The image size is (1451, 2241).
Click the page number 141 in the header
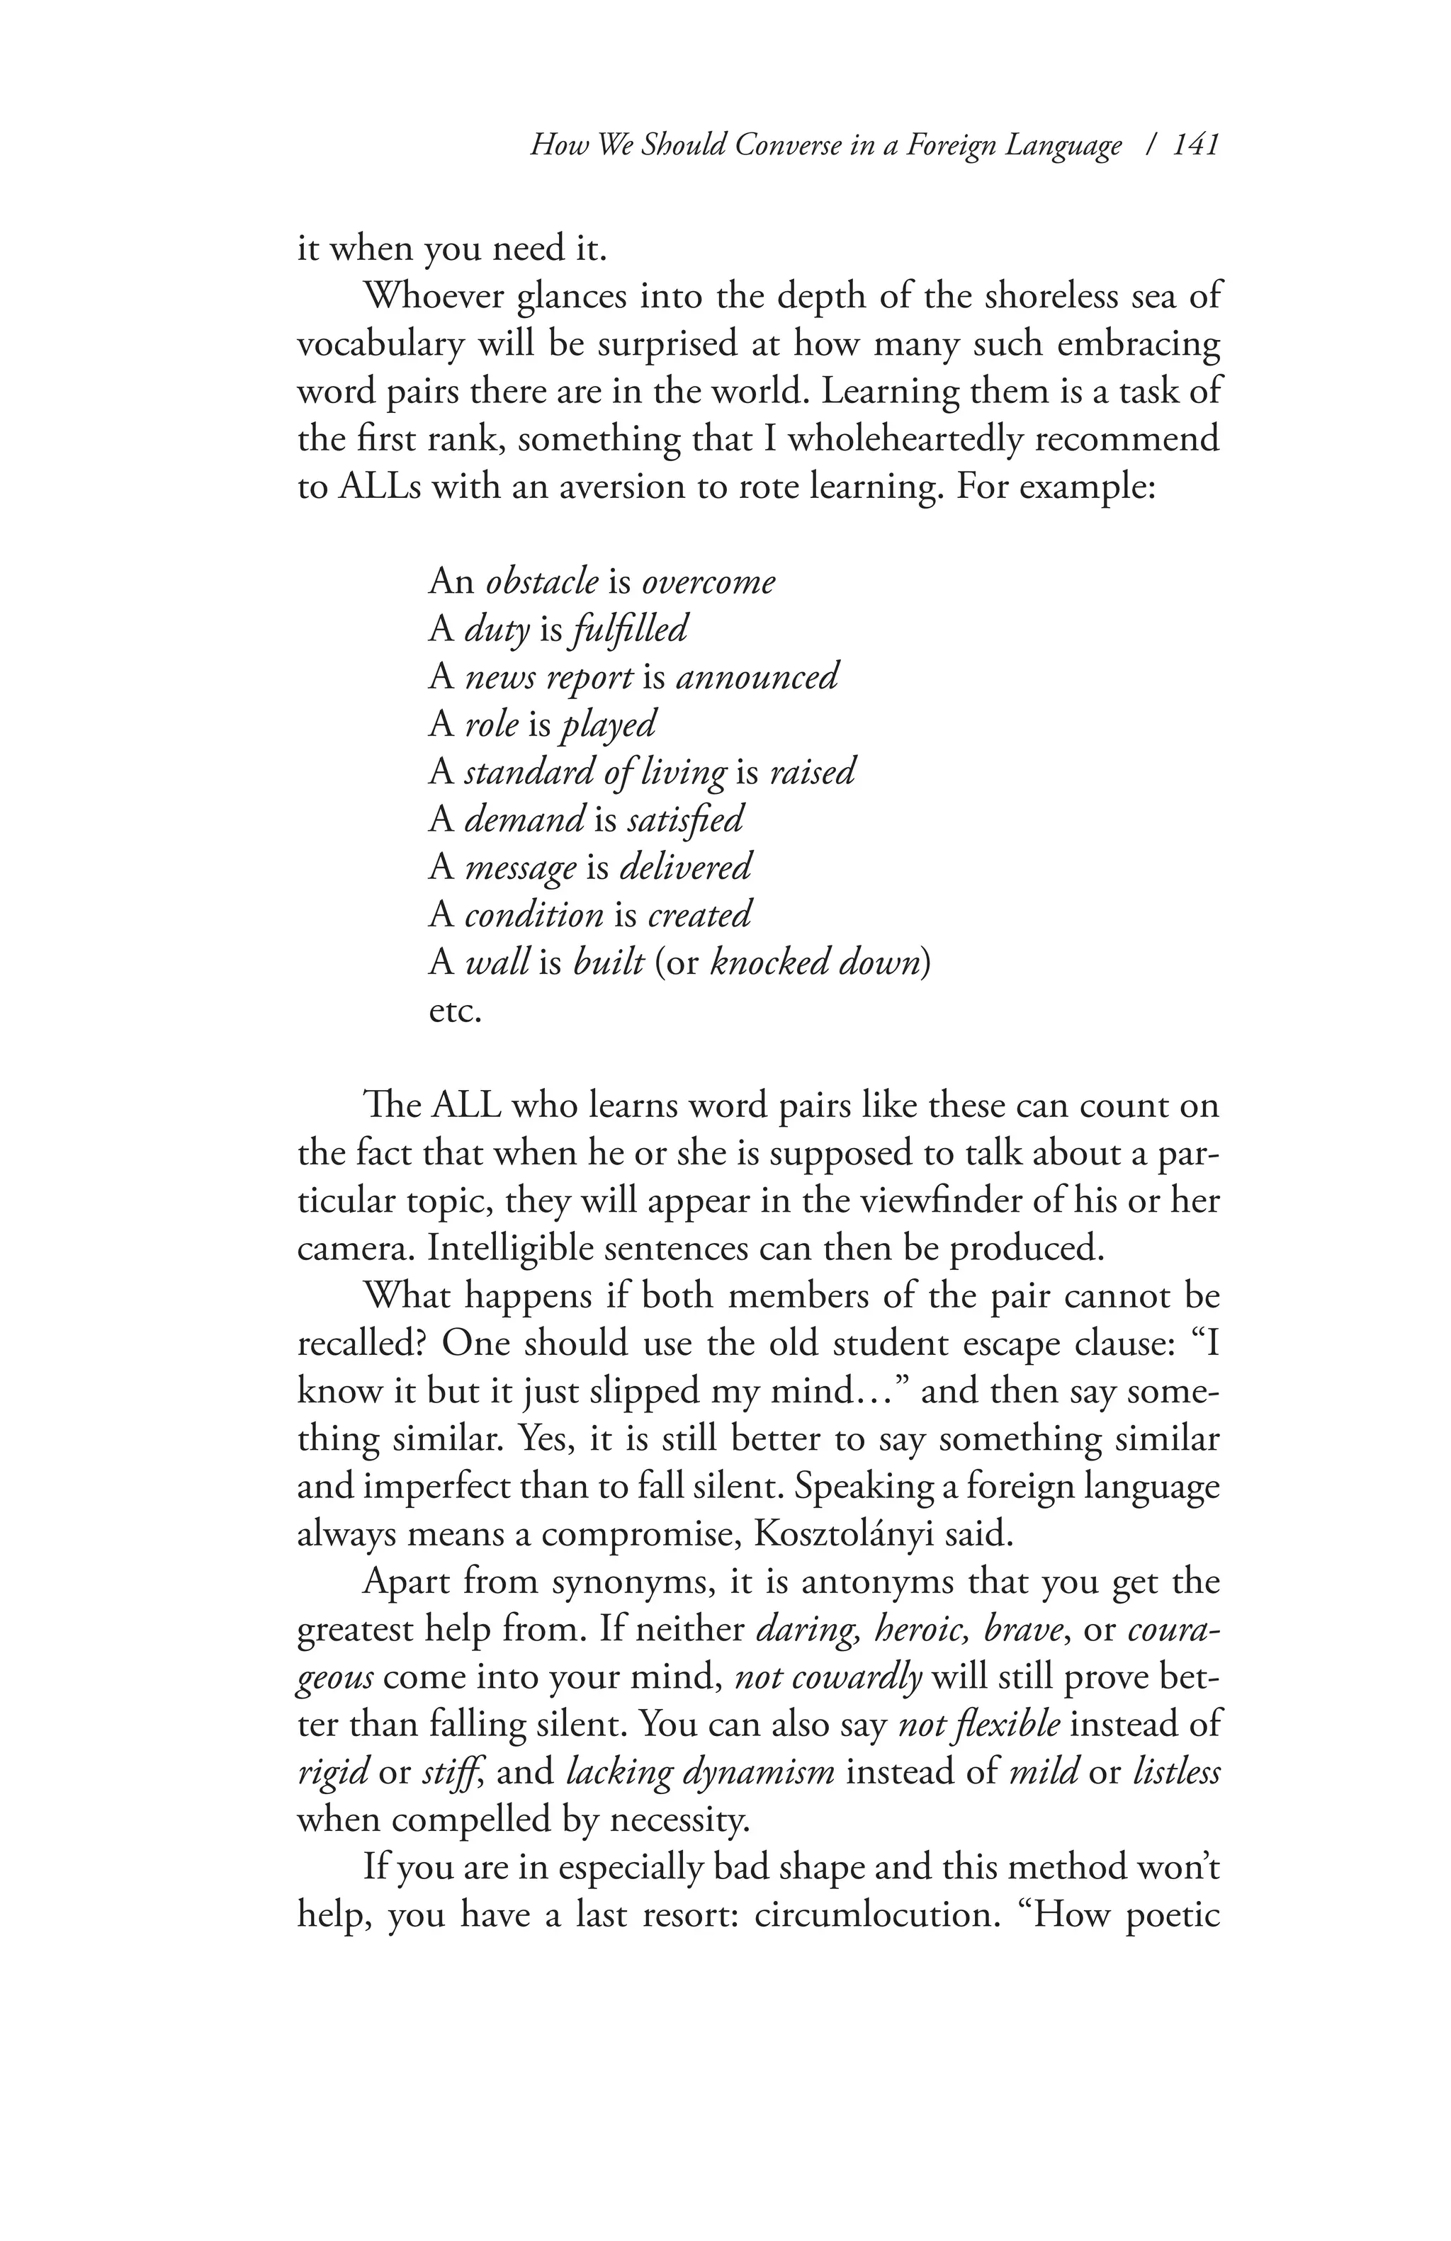pyautogui.click(x=1197, y=145)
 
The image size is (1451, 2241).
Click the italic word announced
pyautogui.click(x=756, y=676)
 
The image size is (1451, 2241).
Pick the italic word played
pyautogui.click(x=607, y=723)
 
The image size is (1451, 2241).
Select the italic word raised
pyautogui.click(x=812, y=771)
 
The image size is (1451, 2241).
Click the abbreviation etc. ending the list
pyautogui.click(x=455, y=1010)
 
